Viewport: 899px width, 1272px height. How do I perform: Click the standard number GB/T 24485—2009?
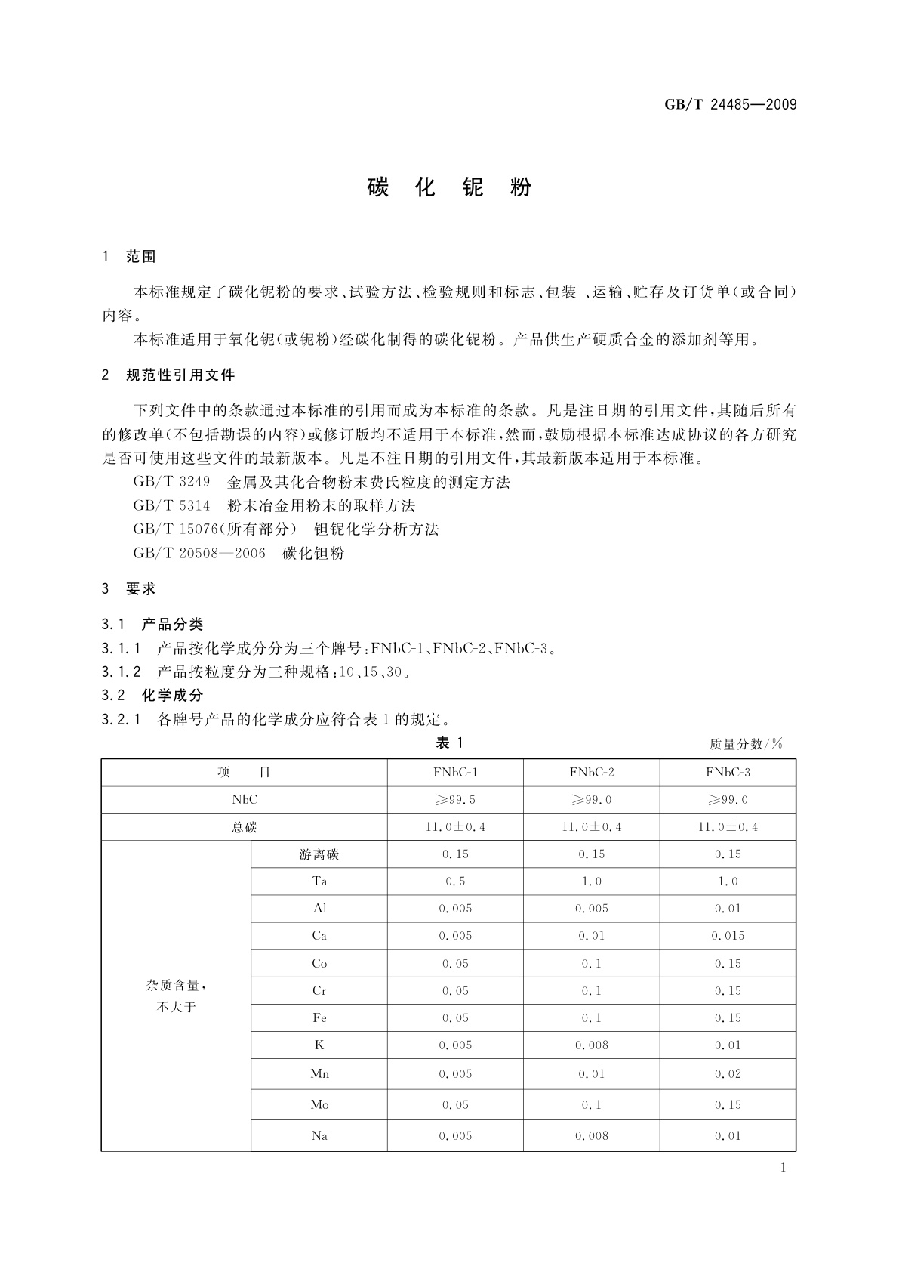[x=730, y=105]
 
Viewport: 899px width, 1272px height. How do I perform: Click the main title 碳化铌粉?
[x=450, y=187]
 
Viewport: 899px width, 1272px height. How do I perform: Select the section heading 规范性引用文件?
[x=180, y=375]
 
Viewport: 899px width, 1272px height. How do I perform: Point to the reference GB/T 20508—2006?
[x=199, y=553]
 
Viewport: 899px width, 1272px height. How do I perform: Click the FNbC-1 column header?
[x=455, y=772]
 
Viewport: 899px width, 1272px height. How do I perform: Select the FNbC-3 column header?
[x=728, y=772]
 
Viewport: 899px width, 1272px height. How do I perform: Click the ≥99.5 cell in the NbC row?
[x=455, y=799]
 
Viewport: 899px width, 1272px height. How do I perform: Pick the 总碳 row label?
[x=244, y=827]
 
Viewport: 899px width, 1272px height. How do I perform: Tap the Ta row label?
[x=319, y=881]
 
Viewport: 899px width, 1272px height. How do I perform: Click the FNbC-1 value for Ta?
[x=455, y=881]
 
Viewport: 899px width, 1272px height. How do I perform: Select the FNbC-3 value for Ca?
[x=728, y=936]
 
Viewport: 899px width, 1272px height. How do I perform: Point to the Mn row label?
[x=319, y=1073]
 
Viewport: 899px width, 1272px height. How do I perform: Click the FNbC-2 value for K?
[x=591, y=1045]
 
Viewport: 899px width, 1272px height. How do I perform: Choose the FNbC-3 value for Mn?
[x=728, y=1073]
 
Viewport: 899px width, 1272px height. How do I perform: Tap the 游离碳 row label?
[x=319, y=854]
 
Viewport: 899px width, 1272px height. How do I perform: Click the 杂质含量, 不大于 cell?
[x=176, y=996]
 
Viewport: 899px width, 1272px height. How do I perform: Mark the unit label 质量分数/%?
[x=746, y=744]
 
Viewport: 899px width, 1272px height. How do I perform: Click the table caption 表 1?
[x=449, y=743]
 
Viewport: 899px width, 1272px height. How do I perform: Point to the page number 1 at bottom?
[x=783, y=1168]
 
